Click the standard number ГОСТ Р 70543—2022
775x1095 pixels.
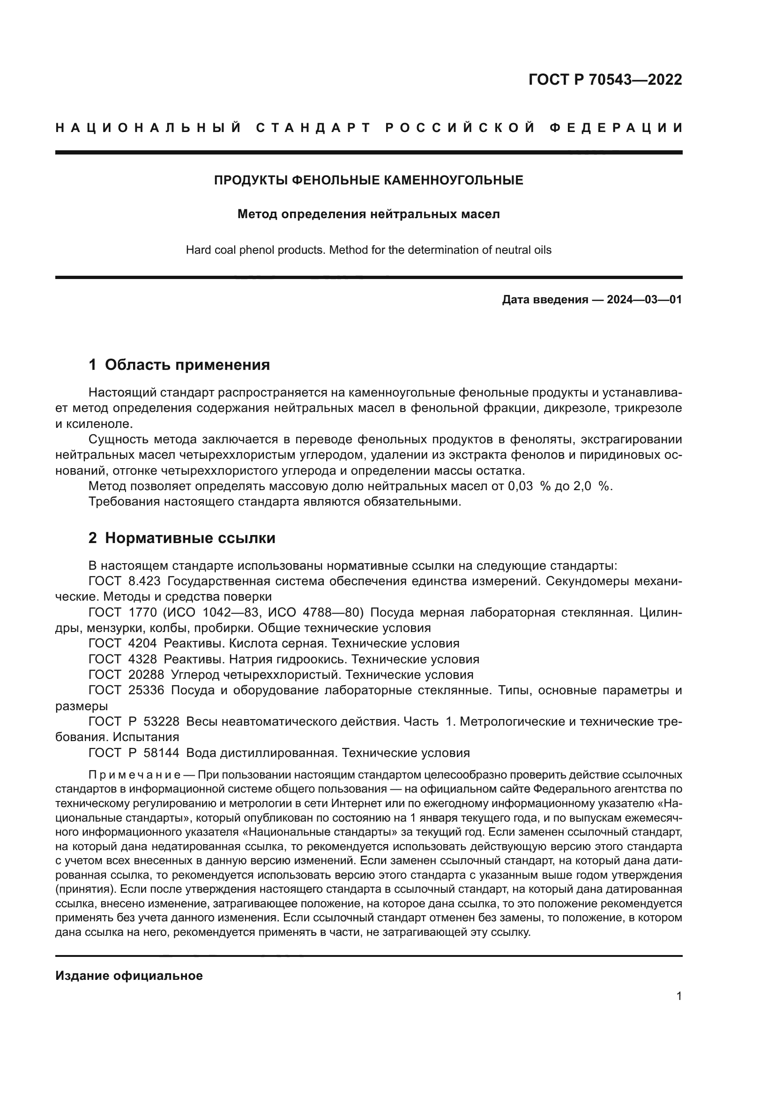tap(605, 80)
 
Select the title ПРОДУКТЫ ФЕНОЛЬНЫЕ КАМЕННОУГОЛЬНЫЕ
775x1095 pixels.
tap(368, 180)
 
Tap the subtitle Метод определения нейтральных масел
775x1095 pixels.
tap(368, 214)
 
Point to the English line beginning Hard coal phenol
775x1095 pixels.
tap(368, 250)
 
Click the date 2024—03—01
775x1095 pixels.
tap(644, 300)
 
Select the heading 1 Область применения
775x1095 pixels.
tap(179, 365)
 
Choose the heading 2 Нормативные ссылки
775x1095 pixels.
tap(182, 538)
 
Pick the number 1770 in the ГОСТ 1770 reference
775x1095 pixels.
tap(143, 612)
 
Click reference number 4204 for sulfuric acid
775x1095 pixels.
tap(143, 643)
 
